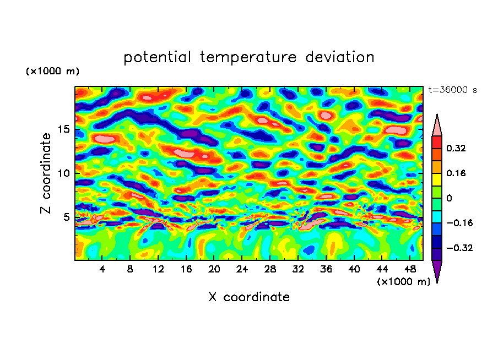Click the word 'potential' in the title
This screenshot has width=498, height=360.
158,57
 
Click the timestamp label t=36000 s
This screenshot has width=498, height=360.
452,90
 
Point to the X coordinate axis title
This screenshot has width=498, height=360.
249,297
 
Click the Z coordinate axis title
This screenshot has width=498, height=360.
46,173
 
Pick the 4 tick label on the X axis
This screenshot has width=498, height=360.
102,269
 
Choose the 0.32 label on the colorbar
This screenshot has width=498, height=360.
457,148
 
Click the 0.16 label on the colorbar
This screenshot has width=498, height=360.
457,173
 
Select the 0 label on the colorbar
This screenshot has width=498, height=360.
449,198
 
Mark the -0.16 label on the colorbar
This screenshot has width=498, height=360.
458,223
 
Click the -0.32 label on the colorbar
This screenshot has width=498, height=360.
458,248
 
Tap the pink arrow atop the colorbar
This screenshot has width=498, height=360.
437,126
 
